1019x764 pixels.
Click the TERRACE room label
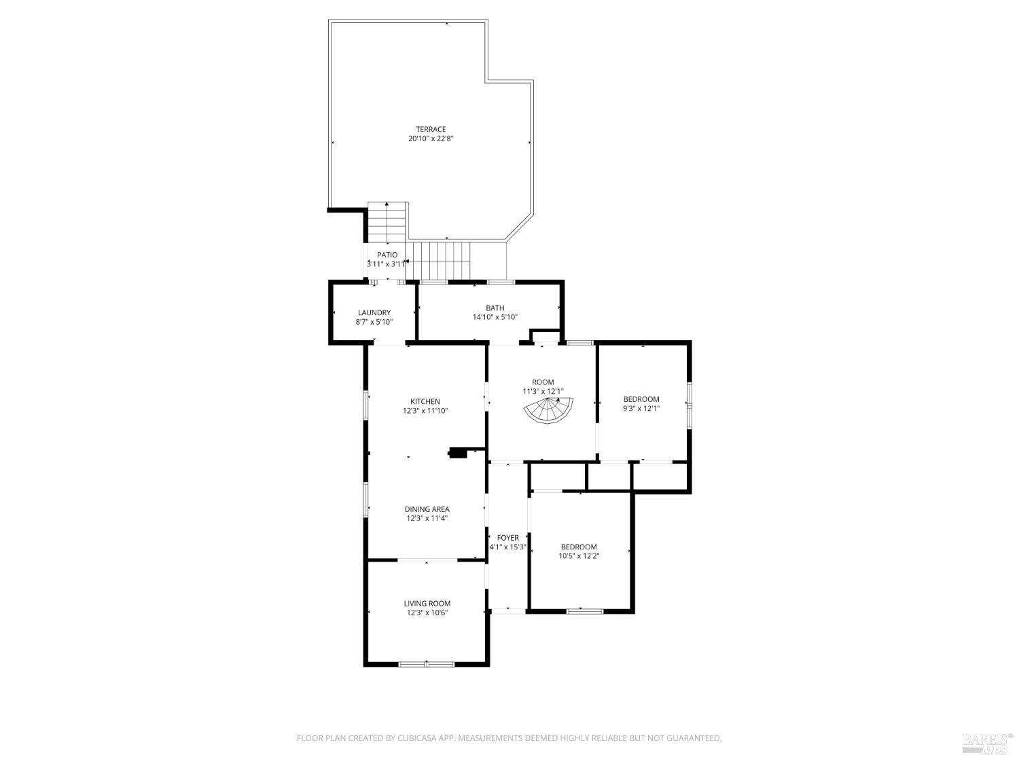431,129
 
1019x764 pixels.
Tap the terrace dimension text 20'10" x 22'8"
431,139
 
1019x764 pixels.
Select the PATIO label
387,255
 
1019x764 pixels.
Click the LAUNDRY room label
374,312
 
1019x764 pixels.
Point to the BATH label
495,308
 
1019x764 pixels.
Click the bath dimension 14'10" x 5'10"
495,317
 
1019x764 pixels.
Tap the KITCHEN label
425,401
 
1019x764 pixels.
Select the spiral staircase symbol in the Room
549,410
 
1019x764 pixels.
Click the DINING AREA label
427,509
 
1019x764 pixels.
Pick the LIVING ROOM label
427,603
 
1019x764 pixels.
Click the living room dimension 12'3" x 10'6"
427,613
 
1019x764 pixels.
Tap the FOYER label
507,538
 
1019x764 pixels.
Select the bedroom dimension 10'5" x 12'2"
579,556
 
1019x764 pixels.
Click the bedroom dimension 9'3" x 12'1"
641,409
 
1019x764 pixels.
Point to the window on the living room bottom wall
426,663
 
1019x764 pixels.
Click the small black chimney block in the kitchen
458,453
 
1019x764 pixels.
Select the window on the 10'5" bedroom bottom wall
584,611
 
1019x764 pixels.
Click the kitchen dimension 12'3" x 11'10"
425,411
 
